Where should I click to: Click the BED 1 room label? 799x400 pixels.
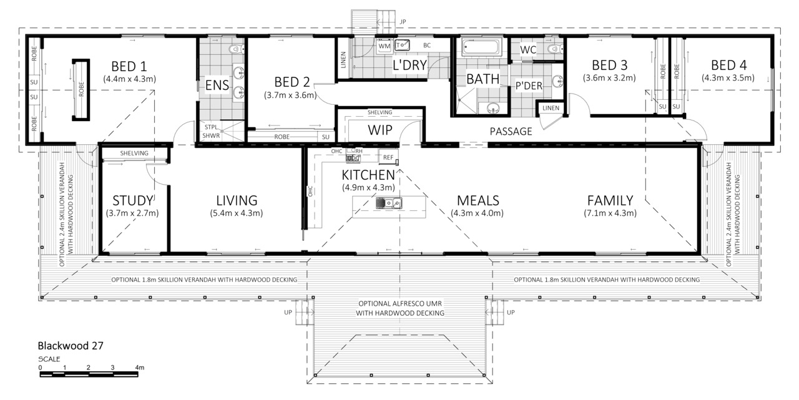click(129, 66)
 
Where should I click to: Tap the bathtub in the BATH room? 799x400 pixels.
click(481, 47)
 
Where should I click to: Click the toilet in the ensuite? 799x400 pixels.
click(236, 49)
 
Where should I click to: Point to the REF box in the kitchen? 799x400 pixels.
click(388, 157)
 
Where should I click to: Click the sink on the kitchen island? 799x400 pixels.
click(389, 203)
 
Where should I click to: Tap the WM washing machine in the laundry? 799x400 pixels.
click(384, 46)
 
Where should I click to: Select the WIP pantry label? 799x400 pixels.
click(380, 130)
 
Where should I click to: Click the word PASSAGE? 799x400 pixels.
click(511, 132)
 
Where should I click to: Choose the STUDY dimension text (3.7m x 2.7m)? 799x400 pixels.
click(132, 213)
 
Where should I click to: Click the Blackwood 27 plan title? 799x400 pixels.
click(71, 346)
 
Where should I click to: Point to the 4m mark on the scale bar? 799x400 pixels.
click(139, 368)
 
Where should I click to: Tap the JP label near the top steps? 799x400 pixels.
click(403, 22)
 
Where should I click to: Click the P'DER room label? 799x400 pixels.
click(529, 86)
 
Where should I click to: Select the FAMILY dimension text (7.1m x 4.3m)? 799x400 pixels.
click(610, 213)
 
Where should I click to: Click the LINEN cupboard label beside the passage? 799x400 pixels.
click(551, 108)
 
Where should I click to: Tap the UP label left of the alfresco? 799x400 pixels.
click(288, 312)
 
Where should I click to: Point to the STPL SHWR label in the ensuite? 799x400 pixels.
click(211, 132)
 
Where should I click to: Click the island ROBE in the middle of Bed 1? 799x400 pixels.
click(81, 89)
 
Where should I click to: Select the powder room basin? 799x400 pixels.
click(557, 81)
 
